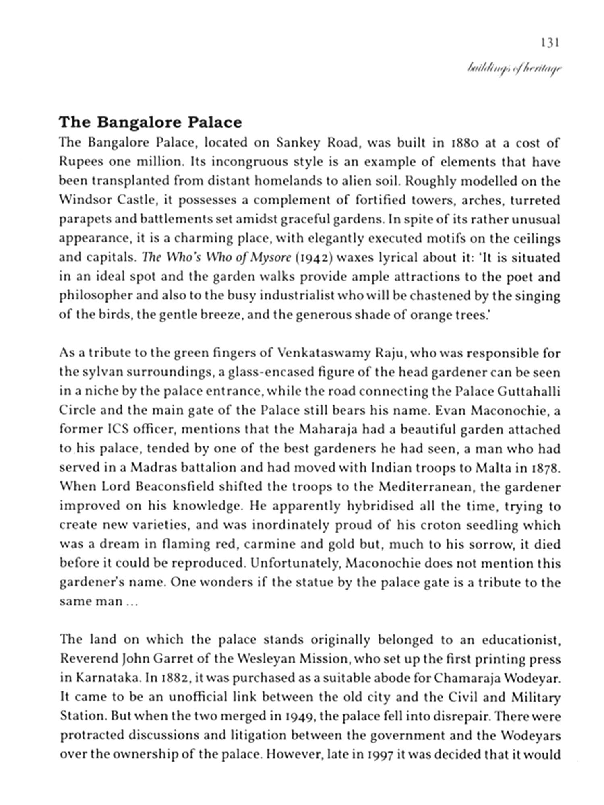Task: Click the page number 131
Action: pos(550,43)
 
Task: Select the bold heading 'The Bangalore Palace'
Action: pos(150,122)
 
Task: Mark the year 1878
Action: pos(544,468)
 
